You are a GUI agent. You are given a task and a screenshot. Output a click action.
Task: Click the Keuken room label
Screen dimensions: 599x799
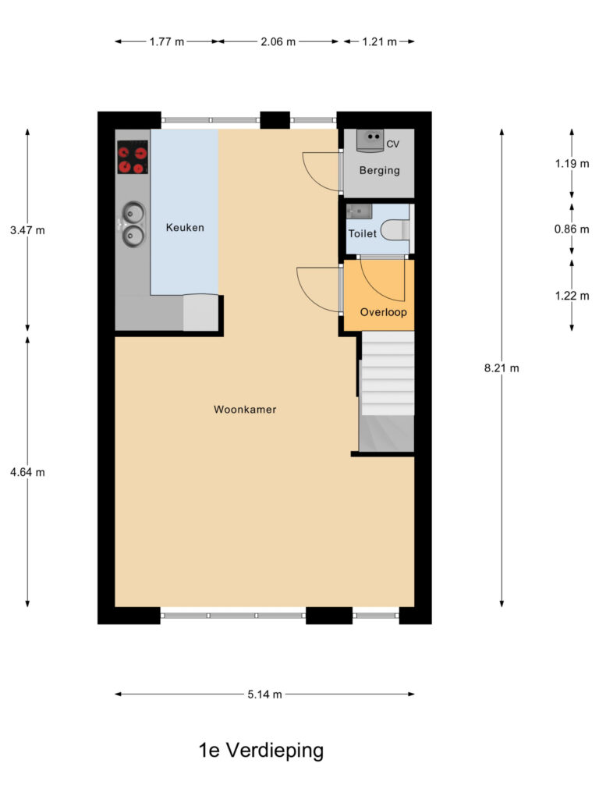(185, 228)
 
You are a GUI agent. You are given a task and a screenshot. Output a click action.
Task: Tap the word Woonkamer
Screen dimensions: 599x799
(245, 409)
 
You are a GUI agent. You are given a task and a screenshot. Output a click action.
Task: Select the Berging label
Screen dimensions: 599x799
(380, 171)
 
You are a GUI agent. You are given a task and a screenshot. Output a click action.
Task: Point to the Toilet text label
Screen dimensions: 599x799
(362, 233)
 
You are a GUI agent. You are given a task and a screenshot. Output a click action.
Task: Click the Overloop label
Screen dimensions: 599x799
(384, 312)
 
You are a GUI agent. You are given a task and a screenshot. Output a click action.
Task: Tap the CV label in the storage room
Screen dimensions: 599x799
(393, 144)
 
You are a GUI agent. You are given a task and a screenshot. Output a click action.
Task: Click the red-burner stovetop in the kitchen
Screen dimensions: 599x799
(133, 158)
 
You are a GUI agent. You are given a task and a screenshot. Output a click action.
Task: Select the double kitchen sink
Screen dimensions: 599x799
(133, 224)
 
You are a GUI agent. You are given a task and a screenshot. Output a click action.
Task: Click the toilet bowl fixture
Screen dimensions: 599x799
(395, 230)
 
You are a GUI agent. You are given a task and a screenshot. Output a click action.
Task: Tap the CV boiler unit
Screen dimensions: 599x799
(370, 140)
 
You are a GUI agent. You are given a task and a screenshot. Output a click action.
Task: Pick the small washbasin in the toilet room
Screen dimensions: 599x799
(359, 211)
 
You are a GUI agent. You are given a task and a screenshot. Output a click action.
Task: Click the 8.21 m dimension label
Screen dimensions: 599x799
(502, 368)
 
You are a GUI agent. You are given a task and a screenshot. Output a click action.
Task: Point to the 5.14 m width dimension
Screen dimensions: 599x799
(265, 694)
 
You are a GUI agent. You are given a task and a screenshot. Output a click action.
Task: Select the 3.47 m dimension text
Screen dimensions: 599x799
(27, 230)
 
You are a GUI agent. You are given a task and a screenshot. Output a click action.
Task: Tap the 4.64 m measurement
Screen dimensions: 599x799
(27, 472)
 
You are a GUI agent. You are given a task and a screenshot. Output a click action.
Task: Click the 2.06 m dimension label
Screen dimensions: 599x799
(278, 42)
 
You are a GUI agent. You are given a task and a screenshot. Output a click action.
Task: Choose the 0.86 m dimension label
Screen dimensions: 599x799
(572, 229)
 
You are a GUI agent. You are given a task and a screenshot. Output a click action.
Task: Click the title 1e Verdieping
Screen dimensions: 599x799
(261, 750)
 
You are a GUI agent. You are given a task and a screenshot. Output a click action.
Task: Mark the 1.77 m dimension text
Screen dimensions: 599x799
(167, 42)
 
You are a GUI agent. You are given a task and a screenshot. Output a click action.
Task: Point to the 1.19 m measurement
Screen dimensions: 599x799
(572, 164)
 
